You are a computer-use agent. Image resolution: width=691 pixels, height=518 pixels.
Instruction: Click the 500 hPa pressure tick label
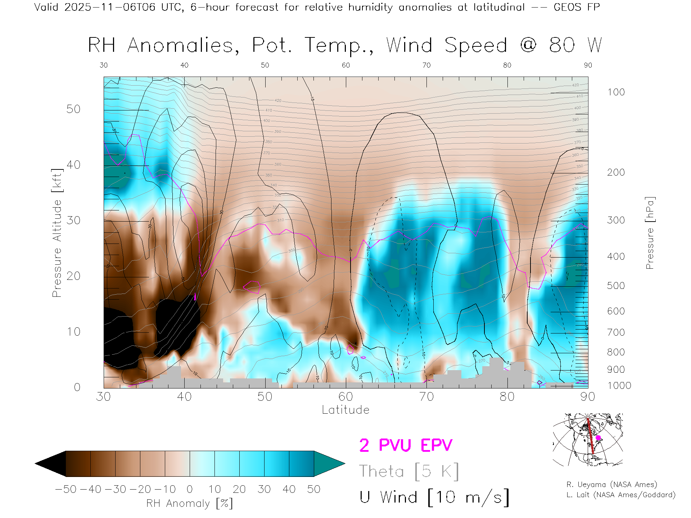pos(616,286)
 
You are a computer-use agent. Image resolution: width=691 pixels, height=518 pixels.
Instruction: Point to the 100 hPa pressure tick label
pos(616,92)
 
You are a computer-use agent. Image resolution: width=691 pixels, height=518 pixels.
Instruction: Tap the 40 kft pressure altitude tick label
pos(73,165)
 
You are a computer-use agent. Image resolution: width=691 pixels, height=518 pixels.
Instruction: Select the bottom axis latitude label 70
pos(426,396)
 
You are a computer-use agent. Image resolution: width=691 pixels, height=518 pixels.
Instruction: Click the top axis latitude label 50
pos(265,65)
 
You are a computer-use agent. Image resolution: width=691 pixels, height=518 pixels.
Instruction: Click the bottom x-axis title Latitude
pos(345,410)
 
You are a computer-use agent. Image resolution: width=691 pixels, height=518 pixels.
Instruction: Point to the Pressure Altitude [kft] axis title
pos(57,233)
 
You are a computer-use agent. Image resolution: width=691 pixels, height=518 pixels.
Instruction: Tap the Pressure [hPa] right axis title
pos(650,233)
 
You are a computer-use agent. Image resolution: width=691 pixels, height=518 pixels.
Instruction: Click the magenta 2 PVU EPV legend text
pos(406,445)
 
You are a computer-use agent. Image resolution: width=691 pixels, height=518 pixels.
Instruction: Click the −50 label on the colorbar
pos(66,489)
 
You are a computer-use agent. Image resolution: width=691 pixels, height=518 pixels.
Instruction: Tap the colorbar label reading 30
pos(264,489)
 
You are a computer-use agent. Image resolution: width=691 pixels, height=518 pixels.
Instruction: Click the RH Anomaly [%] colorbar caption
pos(190,503)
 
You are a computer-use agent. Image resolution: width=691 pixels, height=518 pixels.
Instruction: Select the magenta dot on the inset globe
pos(598,438)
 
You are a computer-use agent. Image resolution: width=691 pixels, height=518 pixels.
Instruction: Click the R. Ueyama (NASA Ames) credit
pos(612,485)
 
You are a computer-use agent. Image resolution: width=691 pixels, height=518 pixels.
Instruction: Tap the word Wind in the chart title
pos(409,46)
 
